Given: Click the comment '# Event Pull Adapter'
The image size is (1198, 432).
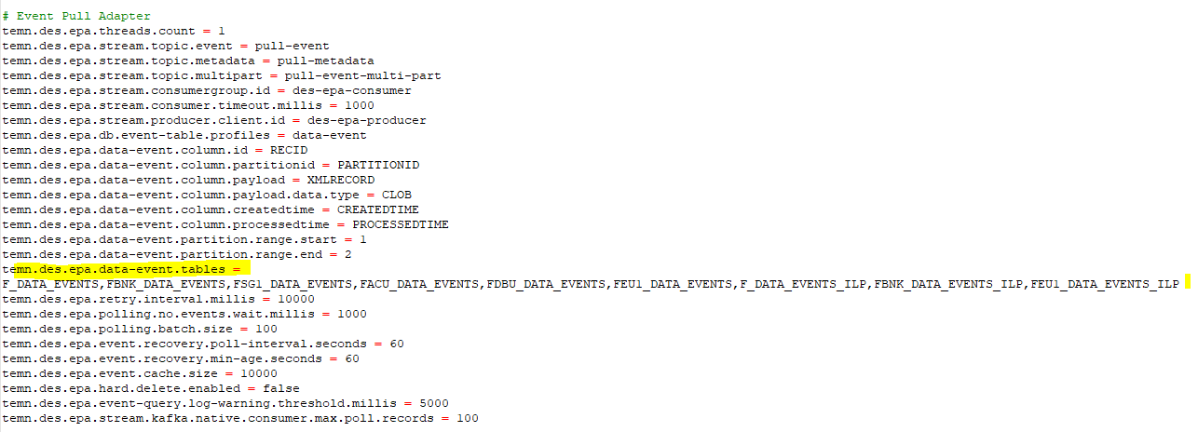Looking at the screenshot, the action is click(x=76, y=16).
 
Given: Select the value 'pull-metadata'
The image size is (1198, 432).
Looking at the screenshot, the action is click(x=325, y=61).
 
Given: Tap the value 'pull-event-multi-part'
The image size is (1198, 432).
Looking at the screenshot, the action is click(x=362, y=76).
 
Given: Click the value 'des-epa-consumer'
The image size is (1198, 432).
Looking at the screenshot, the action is click(x=351, y=91).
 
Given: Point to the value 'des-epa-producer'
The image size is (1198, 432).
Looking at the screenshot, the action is click(x=366, y=121).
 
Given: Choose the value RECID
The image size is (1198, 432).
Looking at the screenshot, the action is click(x=289, y=150).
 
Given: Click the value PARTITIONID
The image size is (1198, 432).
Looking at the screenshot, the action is click(x=378, y=165).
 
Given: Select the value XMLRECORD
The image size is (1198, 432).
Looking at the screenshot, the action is click(x=341, y=181).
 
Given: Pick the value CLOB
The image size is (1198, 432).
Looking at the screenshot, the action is click(x=396, y=196).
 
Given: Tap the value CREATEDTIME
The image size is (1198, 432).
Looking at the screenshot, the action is click(x=377, y=210).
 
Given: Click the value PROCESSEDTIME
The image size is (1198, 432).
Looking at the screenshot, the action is click(x=400, y=225).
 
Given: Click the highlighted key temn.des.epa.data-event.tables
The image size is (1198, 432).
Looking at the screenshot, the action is click(x=114, y=269).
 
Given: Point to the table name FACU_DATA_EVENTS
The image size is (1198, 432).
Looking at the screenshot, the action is click(x=419, y=285).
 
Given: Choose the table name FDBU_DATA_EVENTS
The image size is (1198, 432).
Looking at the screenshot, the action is click(x=546, y=285).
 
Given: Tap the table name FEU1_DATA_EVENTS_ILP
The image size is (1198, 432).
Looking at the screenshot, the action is click(x=1105, y=285).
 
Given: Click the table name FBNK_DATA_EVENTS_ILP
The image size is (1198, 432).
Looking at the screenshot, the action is click(x=948, y=285).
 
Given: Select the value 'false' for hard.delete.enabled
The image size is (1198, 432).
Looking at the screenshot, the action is click(x=280, y=388).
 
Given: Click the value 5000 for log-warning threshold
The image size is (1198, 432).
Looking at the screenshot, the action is click(x=434, y=404).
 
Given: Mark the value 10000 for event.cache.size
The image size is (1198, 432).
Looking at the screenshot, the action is click(x=258, y=373).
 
